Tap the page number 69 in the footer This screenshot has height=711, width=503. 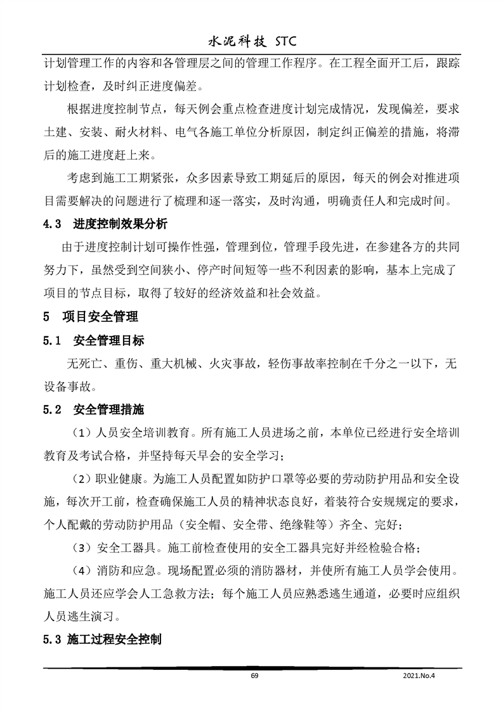[x=255, y=676]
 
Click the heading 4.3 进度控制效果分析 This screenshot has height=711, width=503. [x=105, y=224]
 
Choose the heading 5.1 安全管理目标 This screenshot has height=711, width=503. [x=94, y=341]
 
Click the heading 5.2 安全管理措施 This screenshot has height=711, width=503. [x=94, y=409]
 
